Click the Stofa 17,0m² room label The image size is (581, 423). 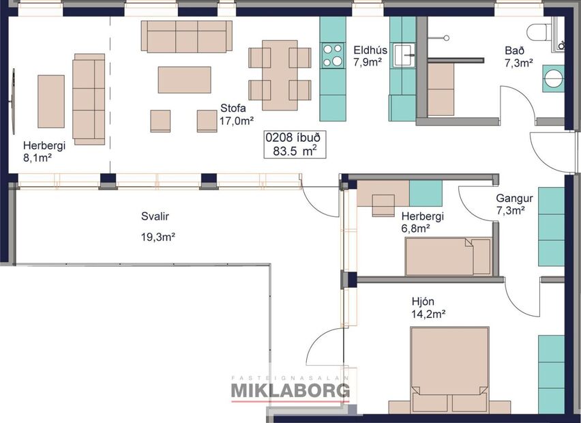(237, 114)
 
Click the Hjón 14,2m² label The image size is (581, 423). (428, 307)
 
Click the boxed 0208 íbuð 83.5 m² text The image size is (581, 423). (295, 144)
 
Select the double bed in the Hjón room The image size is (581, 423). (449, 369)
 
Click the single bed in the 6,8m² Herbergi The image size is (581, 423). (448, 257)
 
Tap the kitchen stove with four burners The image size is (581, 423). (333, 55)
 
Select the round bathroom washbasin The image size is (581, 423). (554, 77)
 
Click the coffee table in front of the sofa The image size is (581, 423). (184, 79)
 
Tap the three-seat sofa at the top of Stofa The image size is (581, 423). (186, 36)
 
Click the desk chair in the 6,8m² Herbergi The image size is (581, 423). (383, 204)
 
